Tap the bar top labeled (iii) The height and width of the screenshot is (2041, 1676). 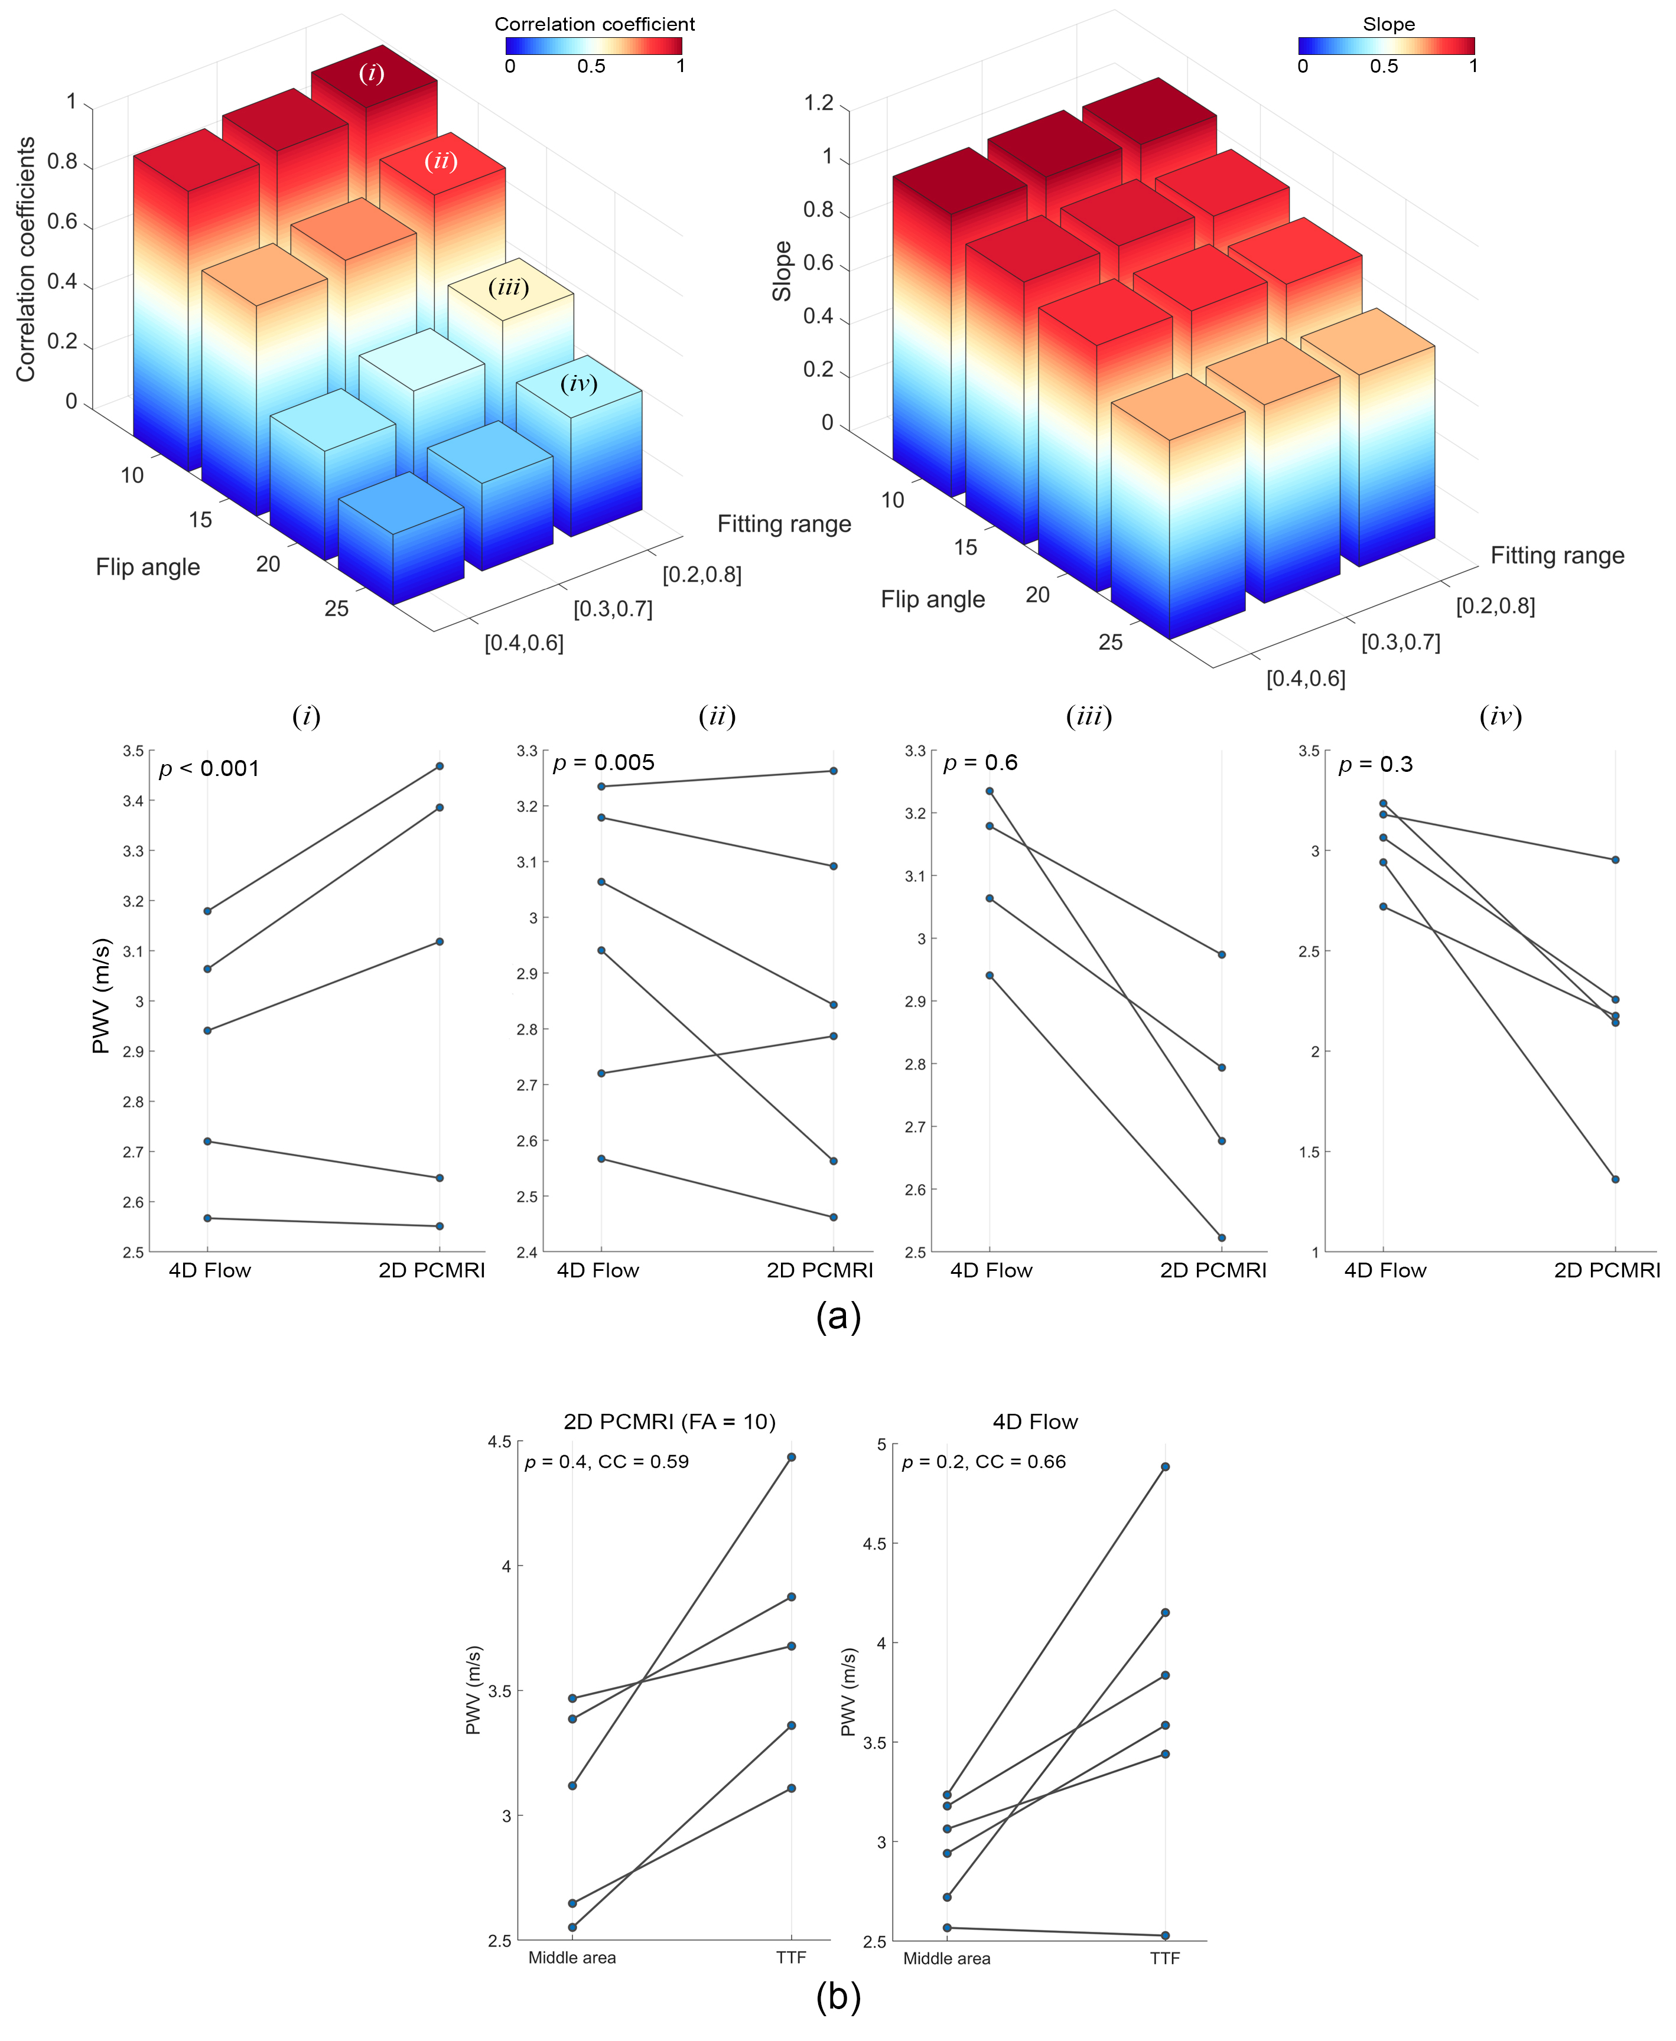click(509, 288)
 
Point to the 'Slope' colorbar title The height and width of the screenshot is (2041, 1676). click(1388, 24)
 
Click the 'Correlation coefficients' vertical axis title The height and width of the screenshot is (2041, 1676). click(26, 259)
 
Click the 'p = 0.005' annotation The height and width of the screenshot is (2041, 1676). click(603, 762)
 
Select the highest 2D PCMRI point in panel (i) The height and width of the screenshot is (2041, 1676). click(440, 766)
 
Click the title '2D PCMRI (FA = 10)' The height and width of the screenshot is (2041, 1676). click(669, 1421)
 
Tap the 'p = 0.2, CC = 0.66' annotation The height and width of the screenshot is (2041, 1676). click(983, 1462)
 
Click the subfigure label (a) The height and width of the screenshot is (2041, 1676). click(837, 1316)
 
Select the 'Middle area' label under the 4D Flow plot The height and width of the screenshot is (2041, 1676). click(946, 1958)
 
